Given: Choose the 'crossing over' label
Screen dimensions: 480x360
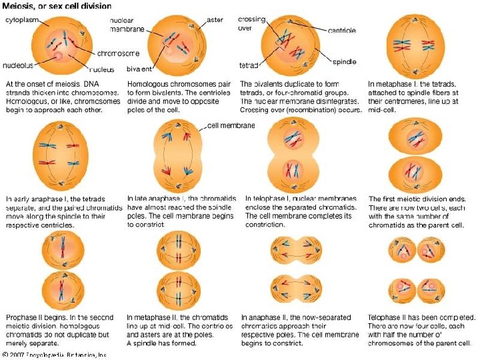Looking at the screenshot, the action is click(253, 24).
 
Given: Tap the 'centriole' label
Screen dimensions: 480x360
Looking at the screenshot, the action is click(341, 31).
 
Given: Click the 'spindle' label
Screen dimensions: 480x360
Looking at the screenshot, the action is click(345, 61).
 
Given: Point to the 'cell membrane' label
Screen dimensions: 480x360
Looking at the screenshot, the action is click(231, 125).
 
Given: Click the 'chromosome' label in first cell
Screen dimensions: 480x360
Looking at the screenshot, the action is click(118, 53).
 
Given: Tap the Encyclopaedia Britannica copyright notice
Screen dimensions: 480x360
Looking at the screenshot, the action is click(55, 355).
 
